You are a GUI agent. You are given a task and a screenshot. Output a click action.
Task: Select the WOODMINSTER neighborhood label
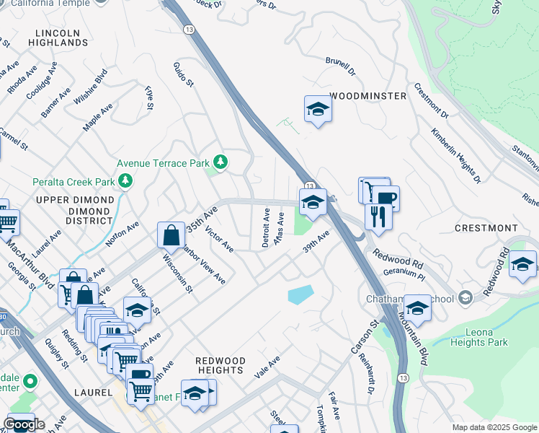pos(364,95)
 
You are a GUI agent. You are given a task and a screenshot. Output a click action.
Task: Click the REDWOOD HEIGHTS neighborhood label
pos(220,365)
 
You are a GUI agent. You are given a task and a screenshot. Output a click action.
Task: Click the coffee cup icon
pos(385,198)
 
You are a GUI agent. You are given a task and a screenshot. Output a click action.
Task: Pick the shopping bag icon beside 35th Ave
pos(171,235)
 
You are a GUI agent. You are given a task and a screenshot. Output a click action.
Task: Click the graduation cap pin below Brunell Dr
pos(317,109)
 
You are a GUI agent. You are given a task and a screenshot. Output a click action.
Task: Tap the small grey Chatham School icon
pos(465,298)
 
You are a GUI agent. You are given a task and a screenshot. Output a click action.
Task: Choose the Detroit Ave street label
pos(266,228)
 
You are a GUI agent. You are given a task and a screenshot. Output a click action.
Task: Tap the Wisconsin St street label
pos(177,273)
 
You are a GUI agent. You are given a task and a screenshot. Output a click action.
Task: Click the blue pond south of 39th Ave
pos(300,294)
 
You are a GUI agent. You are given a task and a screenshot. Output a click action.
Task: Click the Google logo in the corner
pos(24,424)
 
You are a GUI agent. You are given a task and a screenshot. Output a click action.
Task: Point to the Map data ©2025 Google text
pos(494,427)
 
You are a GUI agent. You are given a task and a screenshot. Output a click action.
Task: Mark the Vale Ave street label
pos(267,368)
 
